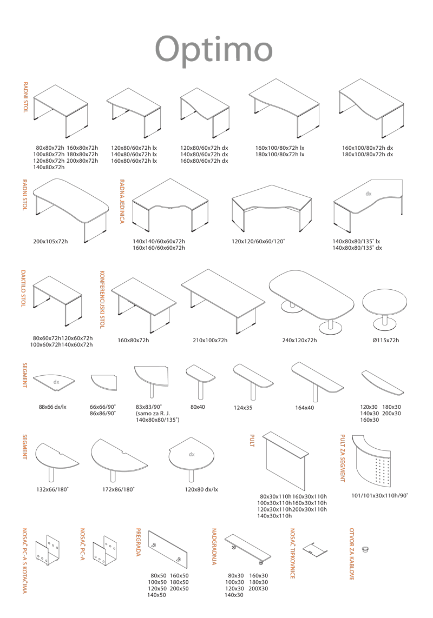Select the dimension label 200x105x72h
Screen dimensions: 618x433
tap(50, 241)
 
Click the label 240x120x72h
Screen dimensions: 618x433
tap(299, 340)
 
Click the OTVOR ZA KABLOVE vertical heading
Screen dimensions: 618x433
tap(352, 554)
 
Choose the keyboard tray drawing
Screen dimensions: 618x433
tap(315, 548)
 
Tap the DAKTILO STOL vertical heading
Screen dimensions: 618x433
tap(23, 289)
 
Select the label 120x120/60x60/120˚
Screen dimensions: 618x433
tap(258, 241)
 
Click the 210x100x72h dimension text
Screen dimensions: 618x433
tap(210, 340)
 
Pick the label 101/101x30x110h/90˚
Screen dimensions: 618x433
tap(379, 495)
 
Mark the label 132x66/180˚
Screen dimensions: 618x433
tap(53, 489)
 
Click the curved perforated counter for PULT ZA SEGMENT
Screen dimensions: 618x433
tap(377, 461)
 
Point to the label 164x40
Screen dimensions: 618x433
tap(305, 407)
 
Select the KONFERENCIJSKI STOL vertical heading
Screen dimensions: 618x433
tap(102, 300)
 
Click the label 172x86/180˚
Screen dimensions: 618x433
tap(118, 489)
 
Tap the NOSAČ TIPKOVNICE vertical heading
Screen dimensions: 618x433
tap(292, 553)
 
